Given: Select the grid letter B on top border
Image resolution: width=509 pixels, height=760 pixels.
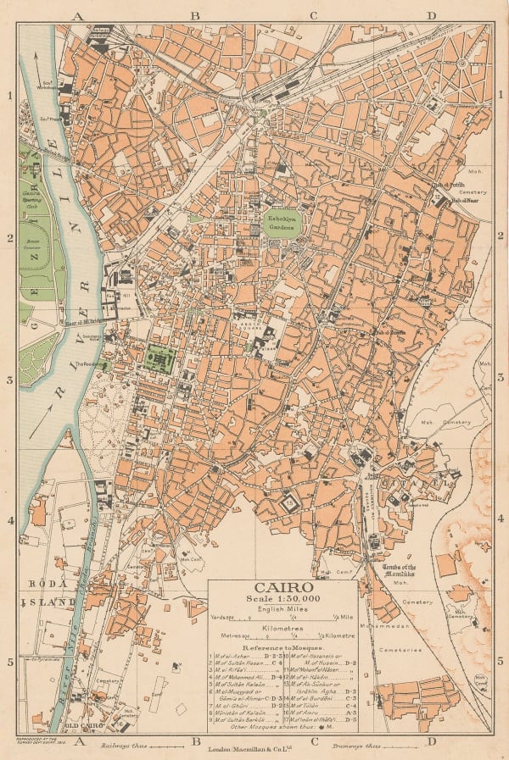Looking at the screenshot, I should pyautogui.click(x=194, y=15).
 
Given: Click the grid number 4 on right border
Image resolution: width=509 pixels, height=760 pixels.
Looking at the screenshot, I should pyautogui.click(x=501, y=519).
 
